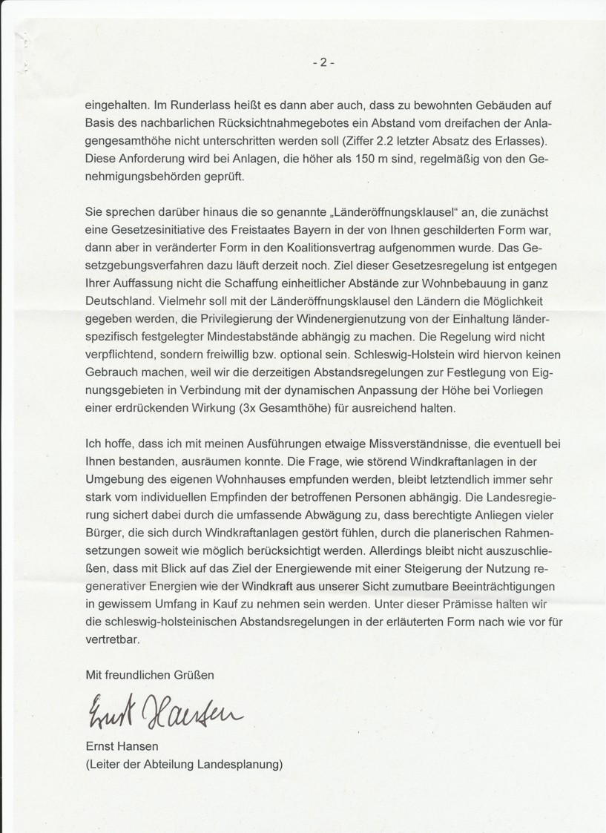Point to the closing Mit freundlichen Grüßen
pyautogui.click(x=150, y=675)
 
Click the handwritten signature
pyautogui.click(x=162, y=712)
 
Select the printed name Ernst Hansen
pyautogui.click(x=122, y=748)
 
